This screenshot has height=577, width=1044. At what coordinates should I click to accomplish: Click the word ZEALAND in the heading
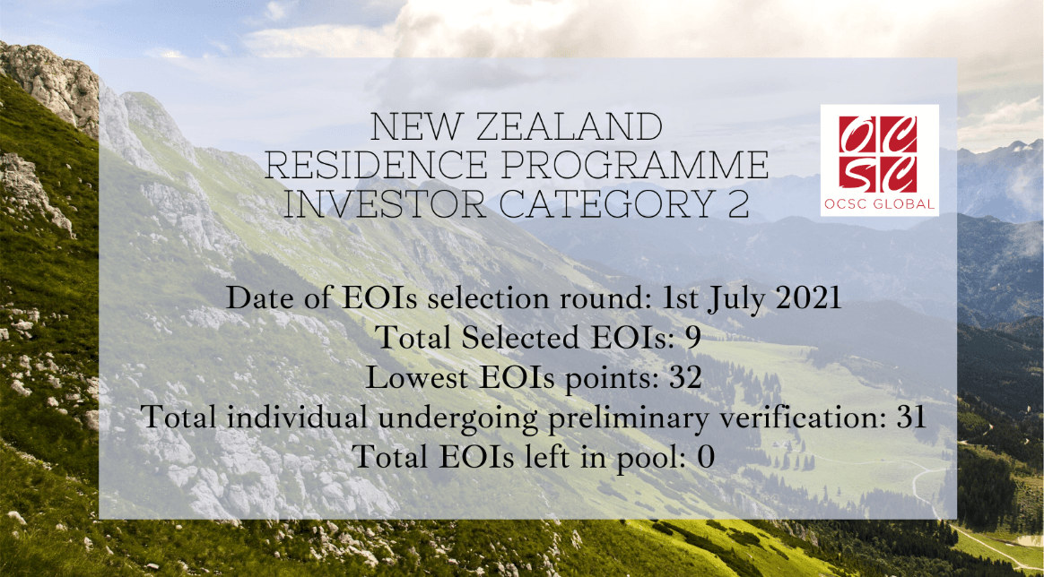(x=570, y=126)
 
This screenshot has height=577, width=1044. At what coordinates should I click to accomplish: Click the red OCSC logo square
(x=878, y=154)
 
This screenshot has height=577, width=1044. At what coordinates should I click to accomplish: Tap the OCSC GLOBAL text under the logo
(x=879, y=204)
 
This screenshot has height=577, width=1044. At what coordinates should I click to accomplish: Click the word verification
(x=818, y=417)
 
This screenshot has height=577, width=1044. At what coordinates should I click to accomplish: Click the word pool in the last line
(x=655, y=458)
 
